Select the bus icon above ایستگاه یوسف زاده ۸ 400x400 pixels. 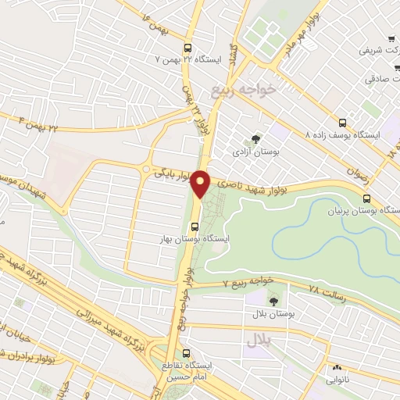[343, 122]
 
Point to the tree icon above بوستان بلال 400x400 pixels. [273, 300]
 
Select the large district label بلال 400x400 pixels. [259, 340]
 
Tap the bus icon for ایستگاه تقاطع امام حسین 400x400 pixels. [185, 352]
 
